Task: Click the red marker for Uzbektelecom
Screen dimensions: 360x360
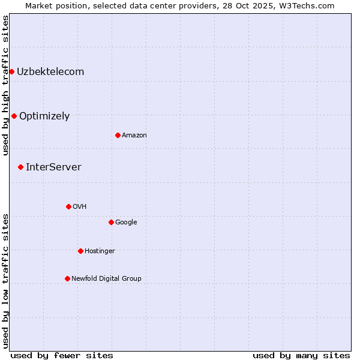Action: [11, 72]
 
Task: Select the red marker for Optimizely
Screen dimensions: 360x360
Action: [14, 116]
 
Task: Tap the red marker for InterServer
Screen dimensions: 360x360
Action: [20, 167]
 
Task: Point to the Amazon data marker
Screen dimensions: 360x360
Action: [118, 135]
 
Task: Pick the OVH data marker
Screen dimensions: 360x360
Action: [68, 206]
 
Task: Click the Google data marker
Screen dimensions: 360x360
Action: [111, 222]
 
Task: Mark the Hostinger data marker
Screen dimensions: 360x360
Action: [80, 251]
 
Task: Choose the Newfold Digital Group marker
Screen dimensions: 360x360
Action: [67, 278]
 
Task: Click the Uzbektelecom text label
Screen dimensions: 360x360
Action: [50, 72]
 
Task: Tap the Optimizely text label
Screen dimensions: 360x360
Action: [44, 116]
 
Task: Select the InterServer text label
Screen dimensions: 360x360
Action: [53, 167]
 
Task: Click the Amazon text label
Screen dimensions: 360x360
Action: [134, 135]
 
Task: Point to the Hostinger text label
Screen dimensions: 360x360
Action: [100, 251]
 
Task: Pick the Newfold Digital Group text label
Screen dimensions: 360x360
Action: [106, 278]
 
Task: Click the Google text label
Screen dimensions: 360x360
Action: [126, 222]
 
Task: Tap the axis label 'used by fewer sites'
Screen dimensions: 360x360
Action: [62, 355]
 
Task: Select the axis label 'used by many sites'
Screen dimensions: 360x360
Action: [301, 355]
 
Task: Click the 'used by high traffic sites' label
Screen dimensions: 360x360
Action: [5, 85]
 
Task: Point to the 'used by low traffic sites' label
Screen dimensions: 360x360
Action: [5, 281]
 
